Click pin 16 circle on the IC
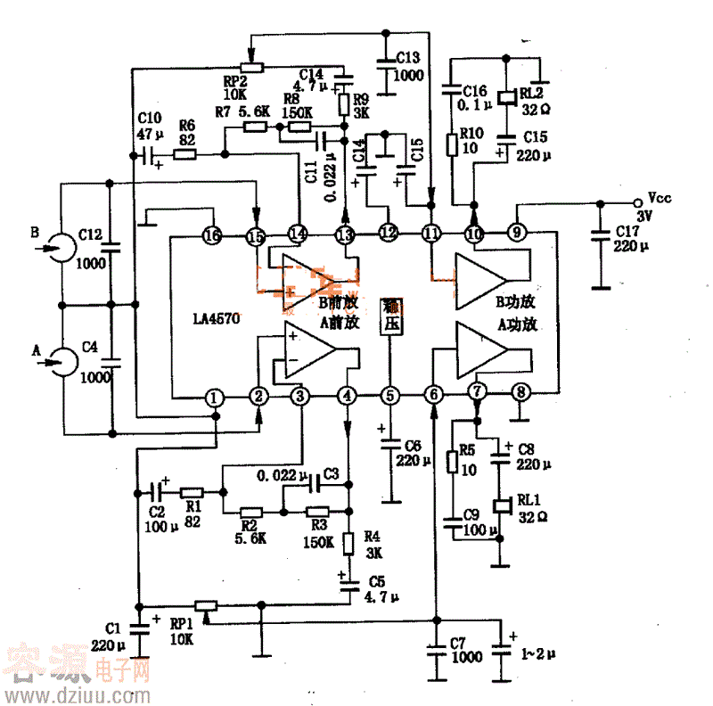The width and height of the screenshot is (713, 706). coord(212,236)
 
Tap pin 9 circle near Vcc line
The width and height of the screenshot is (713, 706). coord(517,234)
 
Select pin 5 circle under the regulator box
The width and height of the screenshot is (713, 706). coord(389,395)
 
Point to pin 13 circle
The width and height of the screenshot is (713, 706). coord(345,234)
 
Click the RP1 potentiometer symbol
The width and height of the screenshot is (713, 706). coord(207,606)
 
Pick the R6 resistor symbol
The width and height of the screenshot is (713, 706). coord(185,154)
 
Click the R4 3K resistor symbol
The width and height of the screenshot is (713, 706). coord(348,540)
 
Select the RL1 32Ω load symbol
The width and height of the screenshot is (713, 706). coord(500,505)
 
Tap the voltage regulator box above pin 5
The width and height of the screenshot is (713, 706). coord(390,316)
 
